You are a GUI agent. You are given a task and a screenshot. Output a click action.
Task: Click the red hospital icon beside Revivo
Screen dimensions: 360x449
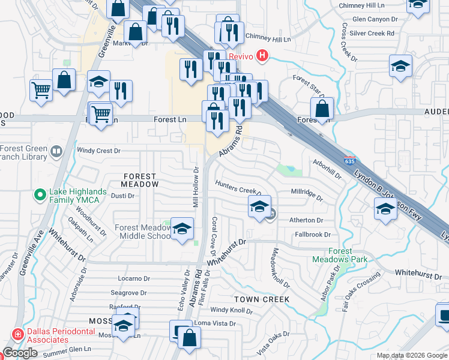pos(262,56)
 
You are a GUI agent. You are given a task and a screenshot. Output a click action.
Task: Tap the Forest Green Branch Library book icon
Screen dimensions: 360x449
pos(56,151)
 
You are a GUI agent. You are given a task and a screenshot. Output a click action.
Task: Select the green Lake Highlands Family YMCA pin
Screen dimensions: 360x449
pos(40,194)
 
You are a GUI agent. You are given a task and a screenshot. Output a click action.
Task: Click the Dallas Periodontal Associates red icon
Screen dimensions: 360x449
pos(17,334)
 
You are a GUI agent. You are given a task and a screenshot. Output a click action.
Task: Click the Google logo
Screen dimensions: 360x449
pos(20,353)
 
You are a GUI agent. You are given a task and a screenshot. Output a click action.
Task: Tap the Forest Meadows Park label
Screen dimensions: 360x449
pos(339,255)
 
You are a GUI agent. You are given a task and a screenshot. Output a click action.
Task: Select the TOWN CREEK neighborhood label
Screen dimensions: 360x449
pos(262,299)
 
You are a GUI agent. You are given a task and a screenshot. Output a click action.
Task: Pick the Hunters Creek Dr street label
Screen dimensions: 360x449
pos(239,190)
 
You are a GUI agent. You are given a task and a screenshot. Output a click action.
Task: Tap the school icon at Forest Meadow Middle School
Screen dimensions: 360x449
pos(182,229)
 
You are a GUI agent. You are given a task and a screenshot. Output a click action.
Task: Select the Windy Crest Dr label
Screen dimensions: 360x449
pos(99,151)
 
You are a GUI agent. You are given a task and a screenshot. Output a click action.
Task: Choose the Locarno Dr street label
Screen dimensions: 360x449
pos(133,278)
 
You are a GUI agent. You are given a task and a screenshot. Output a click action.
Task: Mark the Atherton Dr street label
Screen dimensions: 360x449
pos(306,220)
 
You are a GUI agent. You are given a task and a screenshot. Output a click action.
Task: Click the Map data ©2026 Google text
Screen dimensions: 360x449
pos(412,355)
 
